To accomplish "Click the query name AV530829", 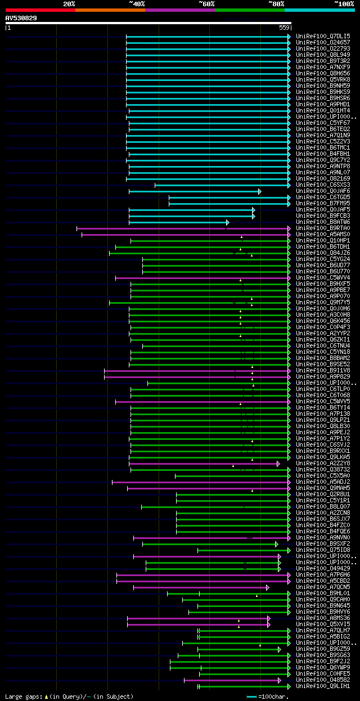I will click(21, 18).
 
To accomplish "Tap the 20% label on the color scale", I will click(69, 4).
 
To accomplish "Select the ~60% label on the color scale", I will click(206, 4).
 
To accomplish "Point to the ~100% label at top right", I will click(344, 4).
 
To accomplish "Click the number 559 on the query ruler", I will click(284, 28).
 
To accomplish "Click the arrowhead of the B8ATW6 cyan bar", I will click(228, 222).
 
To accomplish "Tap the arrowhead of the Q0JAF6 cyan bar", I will click(259, 191).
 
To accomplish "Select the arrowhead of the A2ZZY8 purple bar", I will click(278, 464).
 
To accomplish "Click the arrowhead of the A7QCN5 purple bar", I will click(268, 587).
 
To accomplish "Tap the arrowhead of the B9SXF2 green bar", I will click(276, 544).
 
